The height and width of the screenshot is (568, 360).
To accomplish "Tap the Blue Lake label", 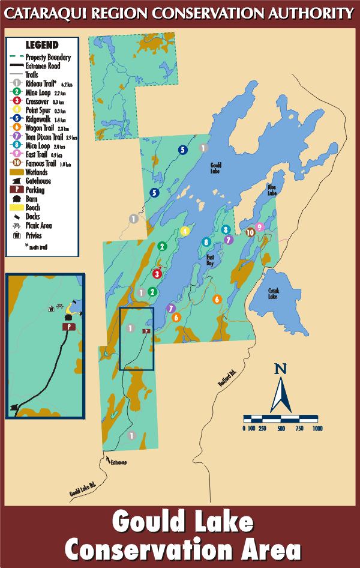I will (272, 190).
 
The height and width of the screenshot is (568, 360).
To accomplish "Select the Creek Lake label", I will (274, 293).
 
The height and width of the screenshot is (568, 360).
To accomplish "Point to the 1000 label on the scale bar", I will (317, 428).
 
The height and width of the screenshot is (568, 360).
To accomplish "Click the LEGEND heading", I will (42, 45).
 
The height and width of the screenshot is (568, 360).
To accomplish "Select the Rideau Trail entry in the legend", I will (41, 83).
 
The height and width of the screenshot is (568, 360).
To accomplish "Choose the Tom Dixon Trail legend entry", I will (44, 137).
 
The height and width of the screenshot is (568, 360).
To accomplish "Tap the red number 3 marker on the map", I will (157, 274).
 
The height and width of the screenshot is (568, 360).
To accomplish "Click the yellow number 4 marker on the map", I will (185, 231).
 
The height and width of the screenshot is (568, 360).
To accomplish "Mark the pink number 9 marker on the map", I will (259, 226).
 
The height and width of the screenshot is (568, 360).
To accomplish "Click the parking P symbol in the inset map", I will (70, 327).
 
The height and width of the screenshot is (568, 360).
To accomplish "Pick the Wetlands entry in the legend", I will (37, 172).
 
